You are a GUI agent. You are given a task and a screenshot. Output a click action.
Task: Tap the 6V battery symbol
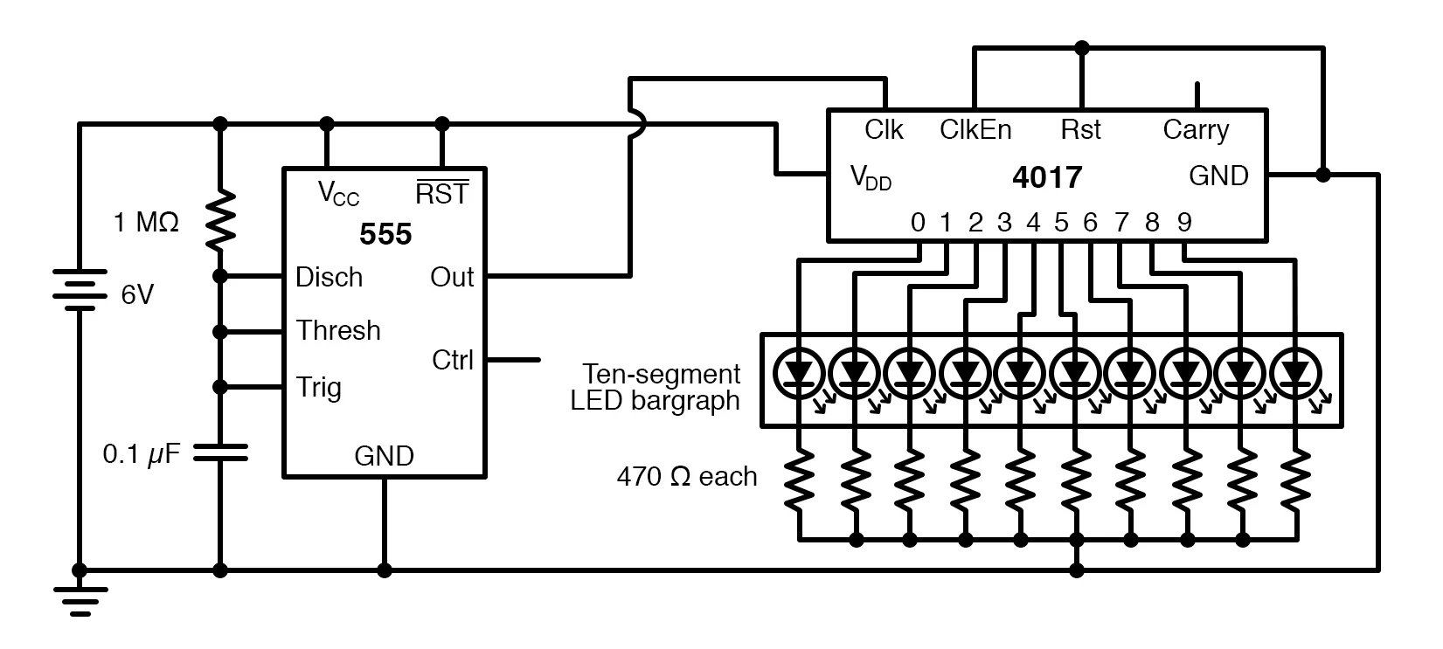click(x=79, y=290)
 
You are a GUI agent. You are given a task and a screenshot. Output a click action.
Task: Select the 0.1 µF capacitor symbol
click(x=219, y=452)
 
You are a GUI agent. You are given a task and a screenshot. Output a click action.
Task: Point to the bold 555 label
click(x=385, y=234)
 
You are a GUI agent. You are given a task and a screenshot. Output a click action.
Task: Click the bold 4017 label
click(x=1046, y=177)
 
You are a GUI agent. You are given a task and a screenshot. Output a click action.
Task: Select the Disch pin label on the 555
click(x=329, y=277)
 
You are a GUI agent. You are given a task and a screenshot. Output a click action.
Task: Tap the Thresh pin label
click(x=338, y=330)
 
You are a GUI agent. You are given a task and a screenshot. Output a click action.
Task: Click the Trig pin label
click(x=318, y=386)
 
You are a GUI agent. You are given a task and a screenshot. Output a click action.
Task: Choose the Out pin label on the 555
click(x=452, y=277)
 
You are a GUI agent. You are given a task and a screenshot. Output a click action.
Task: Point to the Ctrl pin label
click(x=453, y=359)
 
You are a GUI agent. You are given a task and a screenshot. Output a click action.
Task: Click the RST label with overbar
click(x=441, y=193)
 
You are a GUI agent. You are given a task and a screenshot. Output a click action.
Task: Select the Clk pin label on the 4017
click(x=884, y=129)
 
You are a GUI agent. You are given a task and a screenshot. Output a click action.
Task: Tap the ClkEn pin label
click(x=975, y=129)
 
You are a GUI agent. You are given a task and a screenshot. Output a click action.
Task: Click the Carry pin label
click(x=1196, y=129)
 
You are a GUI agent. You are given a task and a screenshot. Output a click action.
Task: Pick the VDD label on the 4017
click(x=871, y=177)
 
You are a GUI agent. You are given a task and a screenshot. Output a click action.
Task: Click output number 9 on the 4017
click(x=1183, y=223)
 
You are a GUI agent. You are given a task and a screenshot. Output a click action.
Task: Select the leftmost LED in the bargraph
click(x=798, y=373)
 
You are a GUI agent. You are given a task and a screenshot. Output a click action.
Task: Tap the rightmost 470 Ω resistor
click(x=1297, y=481)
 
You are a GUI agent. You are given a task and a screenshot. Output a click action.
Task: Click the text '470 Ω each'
click(x=686, y=476)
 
